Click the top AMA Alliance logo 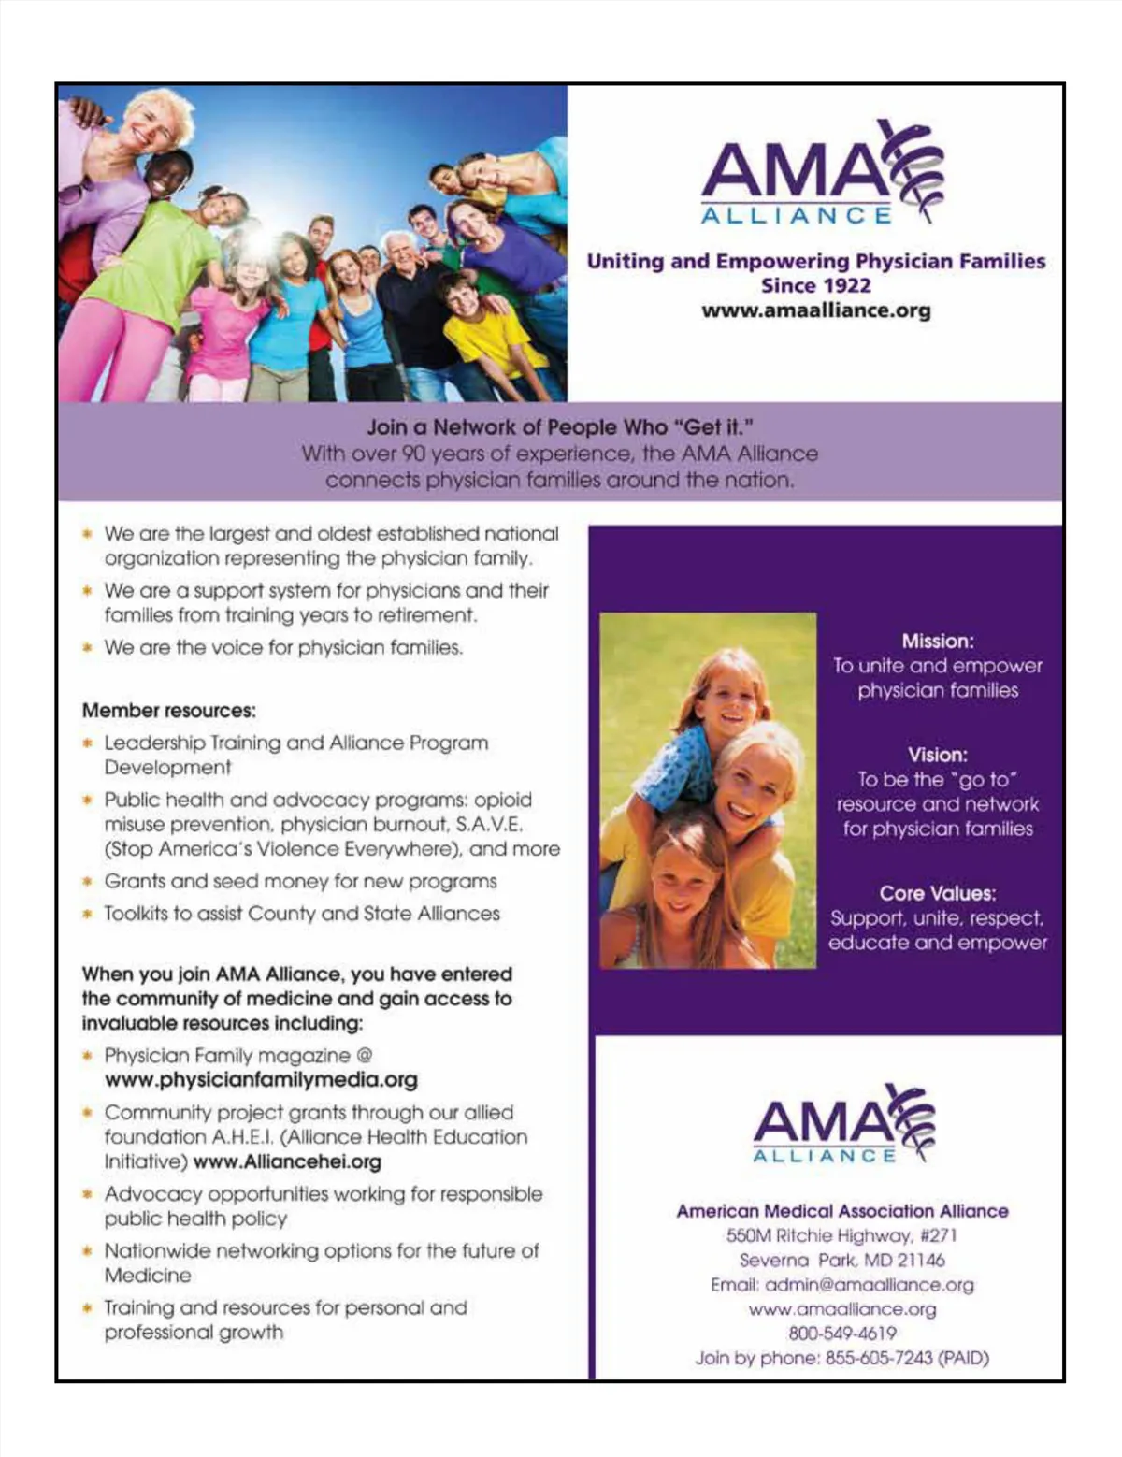point(821,174)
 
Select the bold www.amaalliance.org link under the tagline point(815,310)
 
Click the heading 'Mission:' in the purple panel point(937,642)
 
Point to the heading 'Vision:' point(937,755)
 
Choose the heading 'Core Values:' point(937,893)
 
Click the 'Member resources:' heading point(168,711)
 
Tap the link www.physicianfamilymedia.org point(261,1080)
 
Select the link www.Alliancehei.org point(287,1162)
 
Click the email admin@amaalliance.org point(869,1285)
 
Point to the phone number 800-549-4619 point(841,1334)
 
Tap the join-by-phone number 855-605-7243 point(879,1358)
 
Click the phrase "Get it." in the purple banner point(713,427)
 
